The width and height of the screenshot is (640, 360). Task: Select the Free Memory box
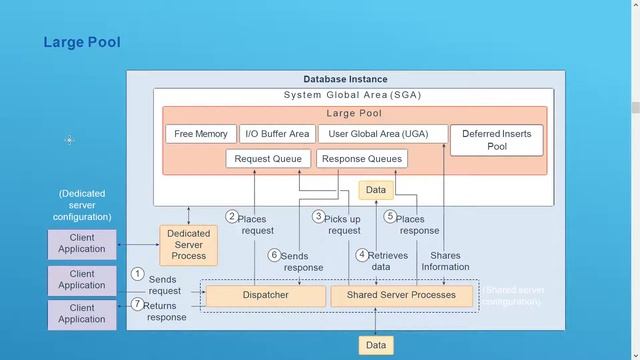coord(201,134)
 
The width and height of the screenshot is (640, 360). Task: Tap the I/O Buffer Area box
coord(277,134)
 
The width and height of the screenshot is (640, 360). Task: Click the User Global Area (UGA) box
coord(383,134)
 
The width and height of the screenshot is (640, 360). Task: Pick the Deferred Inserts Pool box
coord(497,140)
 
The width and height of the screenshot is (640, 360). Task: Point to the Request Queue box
coord(268,158)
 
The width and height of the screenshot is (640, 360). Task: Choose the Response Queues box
coord(362,158)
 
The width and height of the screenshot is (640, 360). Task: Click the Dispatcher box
coord(266,295)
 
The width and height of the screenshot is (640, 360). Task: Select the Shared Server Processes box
coord(401,295)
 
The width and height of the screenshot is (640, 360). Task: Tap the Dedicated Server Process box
coord(188,245)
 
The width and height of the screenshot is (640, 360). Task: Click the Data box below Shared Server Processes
coord(375,345)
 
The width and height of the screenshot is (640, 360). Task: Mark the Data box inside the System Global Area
coord(375,189)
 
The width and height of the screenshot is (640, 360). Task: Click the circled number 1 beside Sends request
coord(138,273)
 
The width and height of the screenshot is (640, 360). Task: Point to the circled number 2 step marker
coord(231,216)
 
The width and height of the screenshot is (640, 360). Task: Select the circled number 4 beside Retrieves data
coord(362,255)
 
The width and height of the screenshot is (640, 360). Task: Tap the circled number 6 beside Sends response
coord(275,255)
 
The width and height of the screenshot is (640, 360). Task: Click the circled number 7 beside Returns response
coord(138,304)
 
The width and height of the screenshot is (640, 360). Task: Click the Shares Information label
coord(445,261)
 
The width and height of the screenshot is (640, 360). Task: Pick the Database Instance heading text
coord(345,79)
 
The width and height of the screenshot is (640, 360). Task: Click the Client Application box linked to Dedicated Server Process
coord(82,243)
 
